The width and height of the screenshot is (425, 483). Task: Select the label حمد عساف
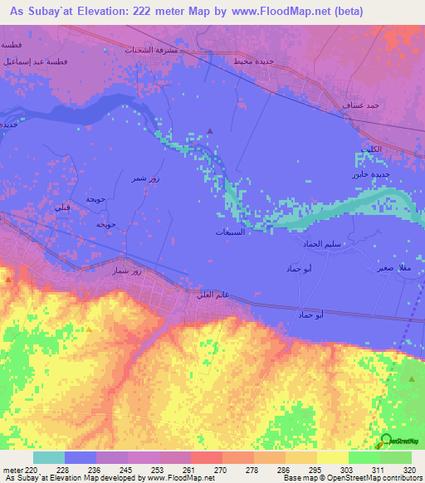362,105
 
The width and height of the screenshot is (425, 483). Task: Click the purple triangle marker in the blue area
210,130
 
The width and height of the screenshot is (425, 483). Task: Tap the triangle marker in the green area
413,378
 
